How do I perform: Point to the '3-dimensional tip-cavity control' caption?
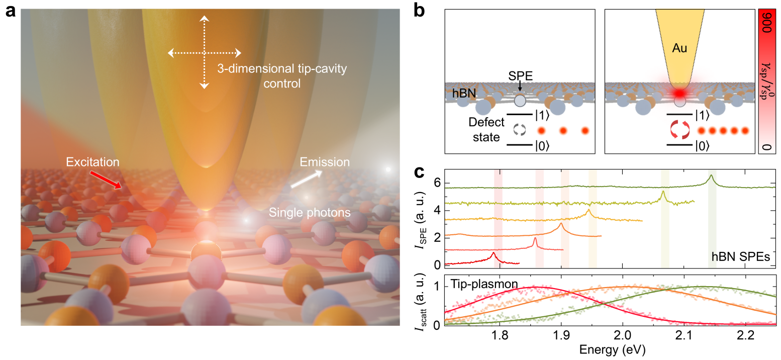pos(281,76)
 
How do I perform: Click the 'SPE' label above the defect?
pos(519,75)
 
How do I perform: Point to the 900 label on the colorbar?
pos(767,32)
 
